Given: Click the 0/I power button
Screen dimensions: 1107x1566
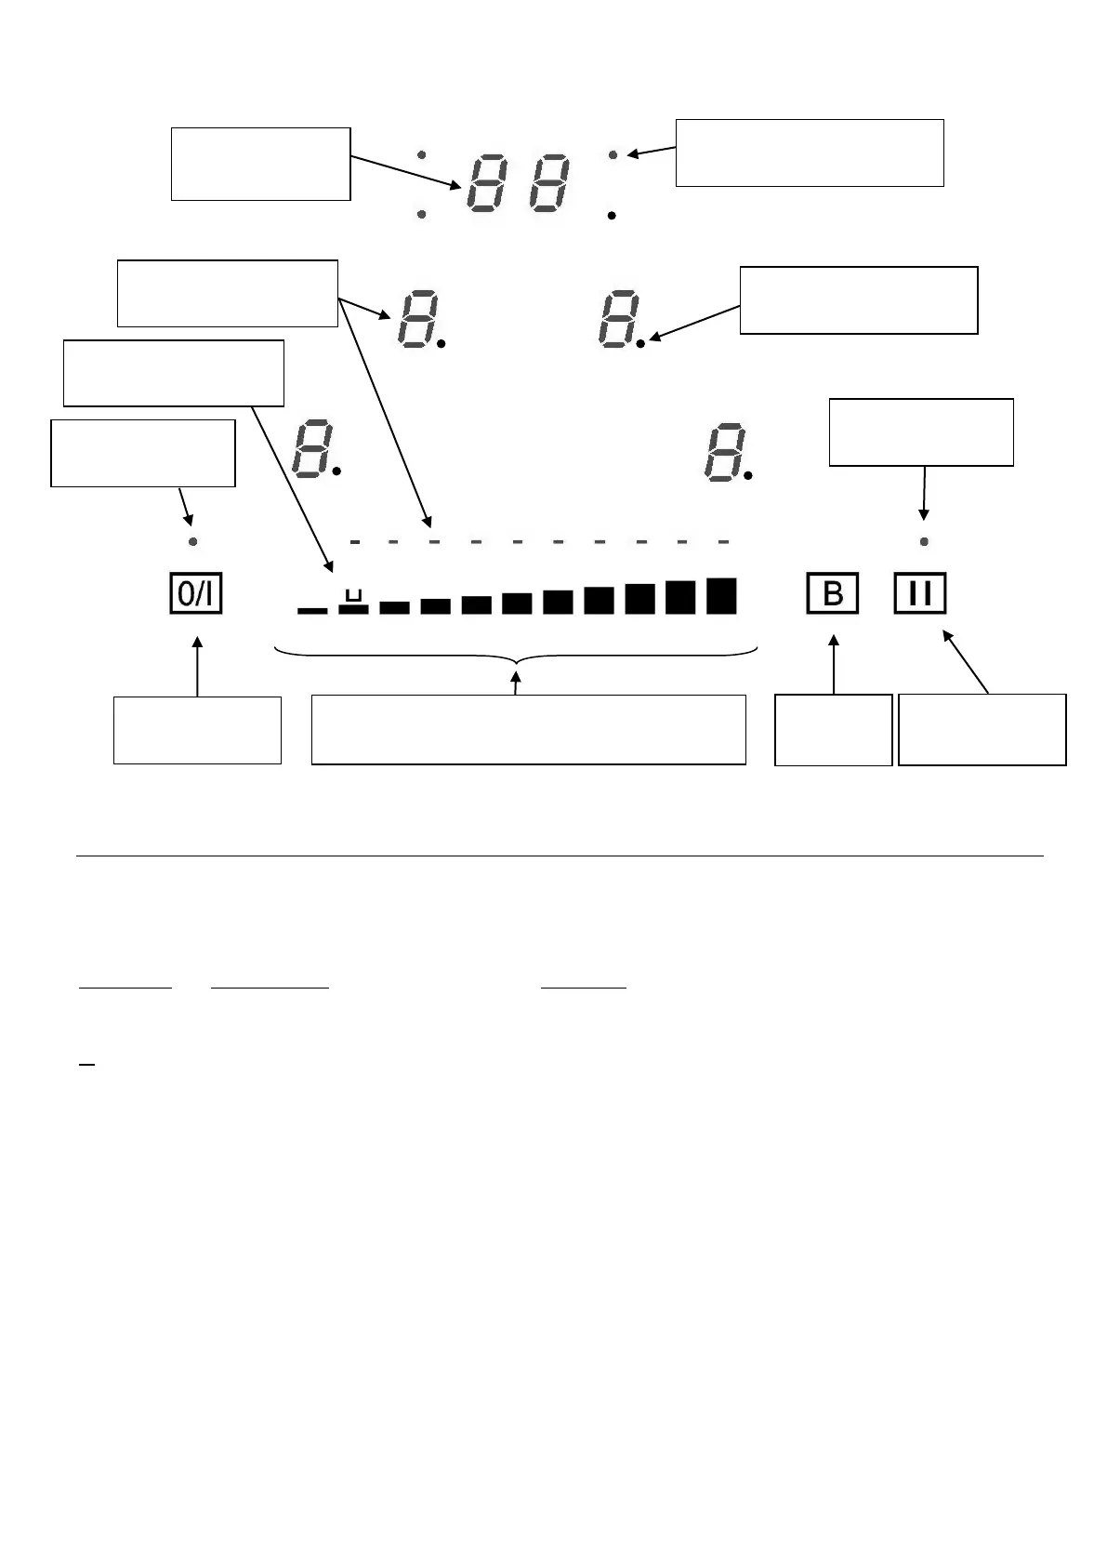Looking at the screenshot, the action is [196, 594].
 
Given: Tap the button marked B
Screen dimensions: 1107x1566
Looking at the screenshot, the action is [832, 594].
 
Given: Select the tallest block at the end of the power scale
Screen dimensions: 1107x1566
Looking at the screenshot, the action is [721, 596].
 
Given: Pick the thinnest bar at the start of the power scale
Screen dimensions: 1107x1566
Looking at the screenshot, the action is [312, 610].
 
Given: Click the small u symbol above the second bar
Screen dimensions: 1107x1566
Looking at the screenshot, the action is [352, 594].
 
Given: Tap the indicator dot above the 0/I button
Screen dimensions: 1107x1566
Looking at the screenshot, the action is [193, 541].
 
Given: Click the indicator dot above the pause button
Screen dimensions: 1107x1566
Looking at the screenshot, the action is [924, 541].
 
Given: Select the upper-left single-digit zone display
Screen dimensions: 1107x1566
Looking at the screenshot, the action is [414, 318].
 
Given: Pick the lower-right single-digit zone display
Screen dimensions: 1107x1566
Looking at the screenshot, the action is [723, 452].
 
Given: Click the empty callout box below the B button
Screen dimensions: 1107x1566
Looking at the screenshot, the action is [833, 730].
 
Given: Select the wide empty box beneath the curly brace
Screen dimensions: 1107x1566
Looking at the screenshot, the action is [528, 729].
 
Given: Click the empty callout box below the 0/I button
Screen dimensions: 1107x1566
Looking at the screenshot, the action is [197, 730].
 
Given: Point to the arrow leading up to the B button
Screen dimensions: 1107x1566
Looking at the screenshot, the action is [834, 664].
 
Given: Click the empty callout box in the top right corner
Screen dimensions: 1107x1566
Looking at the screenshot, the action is [809, 153].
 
